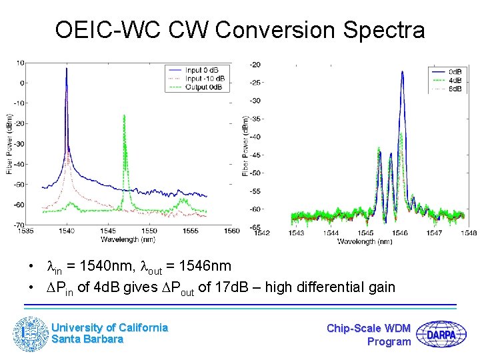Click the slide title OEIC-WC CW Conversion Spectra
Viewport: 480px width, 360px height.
(240, 30)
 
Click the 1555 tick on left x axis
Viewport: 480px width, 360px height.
(190, 231)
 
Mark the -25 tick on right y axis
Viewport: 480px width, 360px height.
(255, 83)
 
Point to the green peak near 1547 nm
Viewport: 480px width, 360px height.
(123, 115)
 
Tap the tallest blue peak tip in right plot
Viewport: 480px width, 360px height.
(403, 72)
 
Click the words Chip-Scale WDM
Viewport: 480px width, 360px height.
(369, 328)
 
